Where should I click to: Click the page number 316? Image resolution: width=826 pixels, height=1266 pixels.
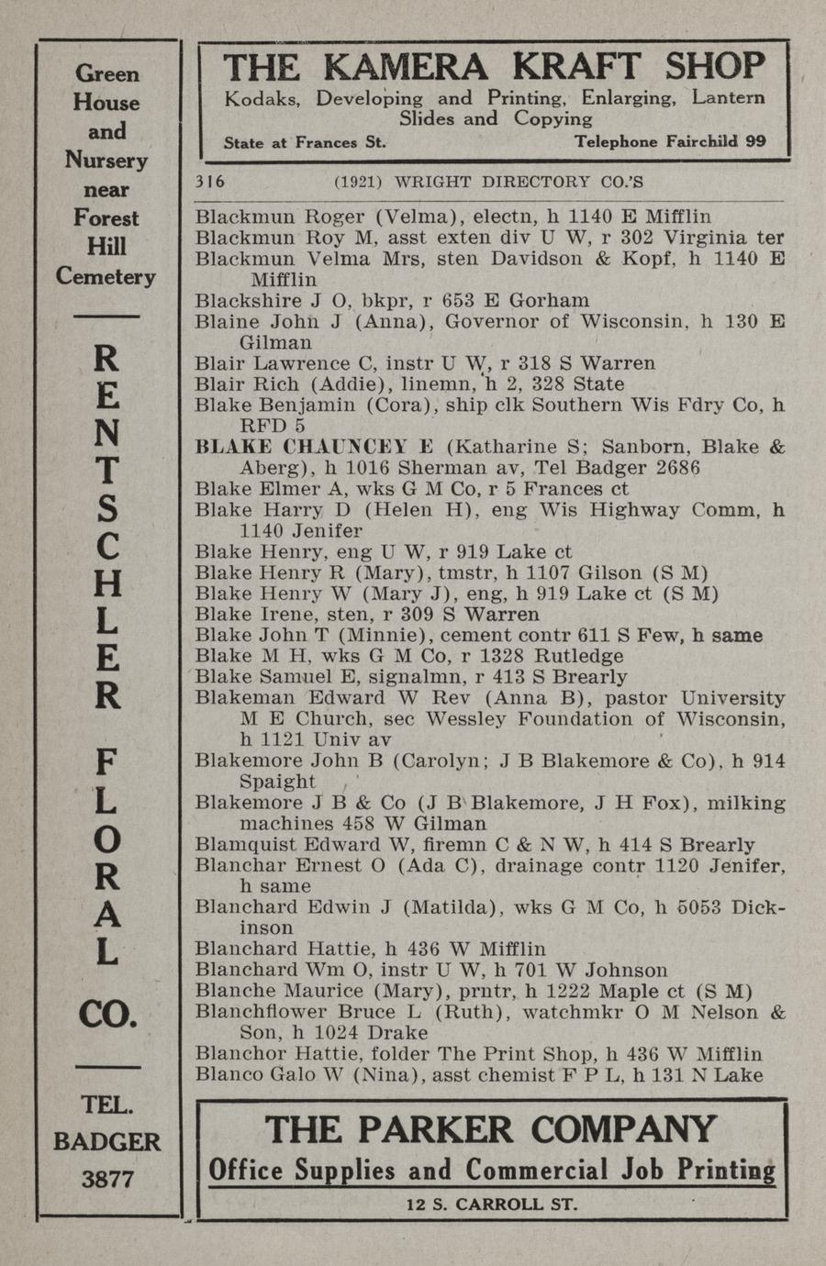click(210, 181)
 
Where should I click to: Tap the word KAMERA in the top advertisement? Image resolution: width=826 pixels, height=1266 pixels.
click(407, 67)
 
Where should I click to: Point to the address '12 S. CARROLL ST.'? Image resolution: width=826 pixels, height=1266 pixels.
click(492, 1205)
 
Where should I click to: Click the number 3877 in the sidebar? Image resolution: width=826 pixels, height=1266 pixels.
click(107, 1179)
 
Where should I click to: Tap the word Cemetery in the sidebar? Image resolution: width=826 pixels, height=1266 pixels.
click(106, 275)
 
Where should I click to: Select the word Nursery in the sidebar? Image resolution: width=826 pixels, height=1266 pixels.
click(106, 160)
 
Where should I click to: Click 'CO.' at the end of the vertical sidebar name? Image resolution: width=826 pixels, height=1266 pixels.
click(107, 1014)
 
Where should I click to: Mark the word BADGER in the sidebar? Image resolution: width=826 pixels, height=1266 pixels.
click(107, 1141)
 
